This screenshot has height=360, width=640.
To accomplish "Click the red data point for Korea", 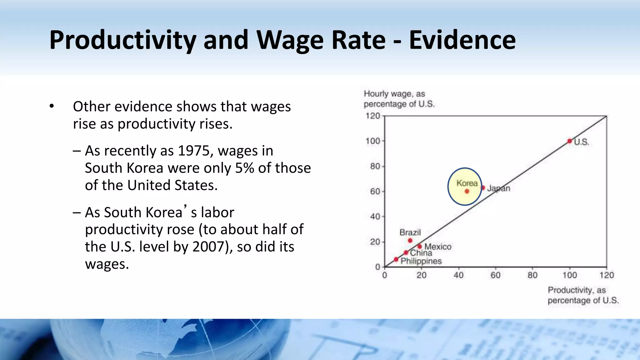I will pos(467,191).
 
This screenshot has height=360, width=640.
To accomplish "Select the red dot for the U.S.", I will pos(570,141).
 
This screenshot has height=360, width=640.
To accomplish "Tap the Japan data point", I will pos(483,188).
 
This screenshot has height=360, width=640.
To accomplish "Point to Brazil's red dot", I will pos(410,240).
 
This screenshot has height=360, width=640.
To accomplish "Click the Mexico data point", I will pos(420,247).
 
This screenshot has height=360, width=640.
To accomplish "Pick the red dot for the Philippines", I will pos(396,259).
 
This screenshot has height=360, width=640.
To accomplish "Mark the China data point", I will pos(406,252).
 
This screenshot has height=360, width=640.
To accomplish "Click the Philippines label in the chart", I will pos(421,261).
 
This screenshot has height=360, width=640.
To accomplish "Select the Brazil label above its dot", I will pos(410,232).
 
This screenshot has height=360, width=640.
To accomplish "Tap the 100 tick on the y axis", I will pos(373,141).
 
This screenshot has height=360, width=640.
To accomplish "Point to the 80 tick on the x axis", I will pos(532,275).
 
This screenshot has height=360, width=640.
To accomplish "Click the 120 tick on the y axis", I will pos(373,116).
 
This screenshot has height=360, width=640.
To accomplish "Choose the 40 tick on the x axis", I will pos(458,275).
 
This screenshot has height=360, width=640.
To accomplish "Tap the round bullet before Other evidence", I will pos(52,106).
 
